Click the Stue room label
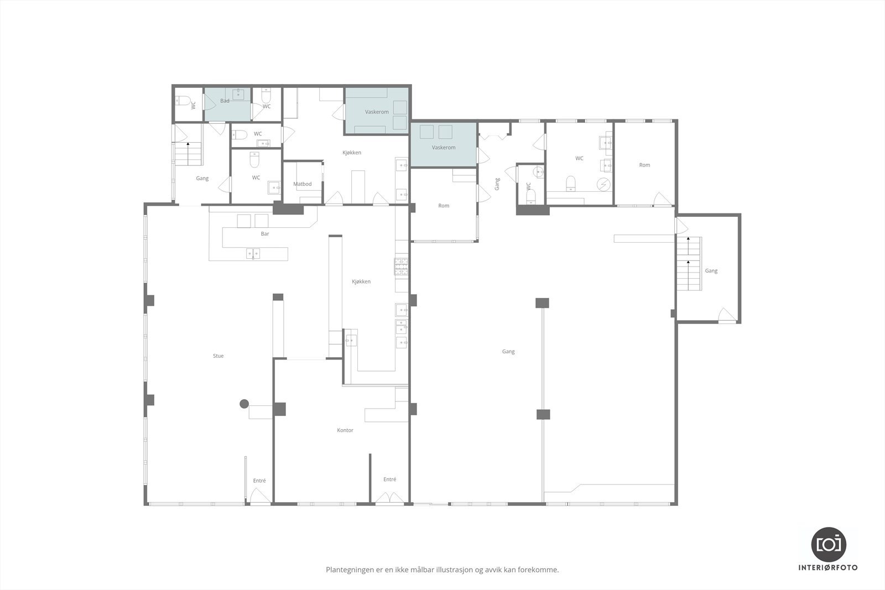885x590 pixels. click(218, 356)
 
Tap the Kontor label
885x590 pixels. click(345, 430)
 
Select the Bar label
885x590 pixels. click(265, 234)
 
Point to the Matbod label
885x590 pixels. click(302, 184)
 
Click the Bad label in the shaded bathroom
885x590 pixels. click(225, 101)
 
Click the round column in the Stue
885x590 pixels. click(244, 404)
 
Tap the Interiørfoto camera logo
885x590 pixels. click(829, 545)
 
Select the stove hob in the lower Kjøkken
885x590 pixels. click(401, 266)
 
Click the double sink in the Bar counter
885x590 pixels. click(253, 254)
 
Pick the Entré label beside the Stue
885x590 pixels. click(259, 481)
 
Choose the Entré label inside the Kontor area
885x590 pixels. click(389, 479)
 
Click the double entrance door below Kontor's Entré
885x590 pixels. click(389, 498)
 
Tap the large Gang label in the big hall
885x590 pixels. click(508, 352)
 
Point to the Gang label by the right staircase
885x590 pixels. click(711, 271)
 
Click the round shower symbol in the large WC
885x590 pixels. click(603, 185)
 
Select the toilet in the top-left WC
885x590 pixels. click(183, 100)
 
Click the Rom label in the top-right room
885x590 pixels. click(644, 165)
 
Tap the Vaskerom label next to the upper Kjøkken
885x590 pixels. click(377, 112)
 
